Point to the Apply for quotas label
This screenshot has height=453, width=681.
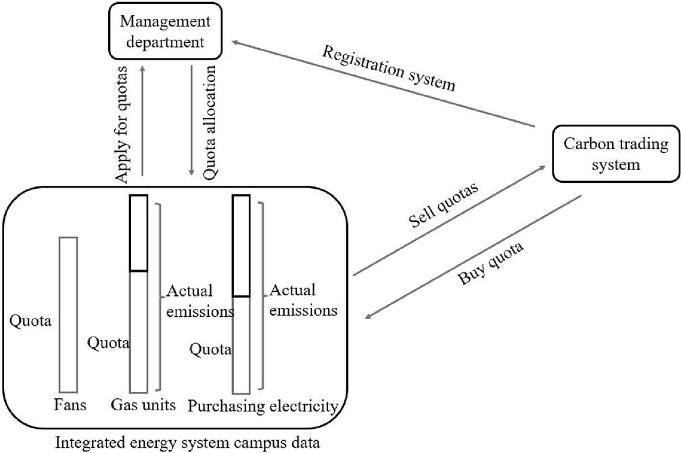pyautogui.click(x=122, y=124)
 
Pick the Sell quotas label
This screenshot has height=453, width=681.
pyautogui.click(x=442, y=207)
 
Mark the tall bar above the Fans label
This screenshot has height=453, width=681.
pyautogui.click(x=68, y=314)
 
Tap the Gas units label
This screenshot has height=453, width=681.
pyautogui.click(x=143, y=406)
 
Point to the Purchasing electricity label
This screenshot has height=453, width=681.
pyautogui.click(x=262, y=406)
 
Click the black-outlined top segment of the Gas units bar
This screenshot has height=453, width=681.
pyautogui.click(x=139, y=233)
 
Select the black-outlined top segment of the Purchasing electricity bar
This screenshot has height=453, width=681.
pyautogui.click(x=241, y=245)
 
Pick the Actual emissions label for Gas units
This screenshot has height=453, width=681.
pyautogui.click(x=198, y=301)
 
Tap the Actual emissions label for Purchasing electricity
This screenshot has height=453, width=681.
pyautogui.click(x=303, y=301)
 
